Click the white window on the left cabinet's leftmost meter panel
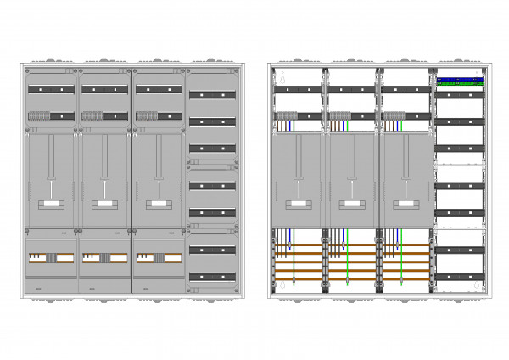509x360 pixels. pyautogui.click(x=50, y=205)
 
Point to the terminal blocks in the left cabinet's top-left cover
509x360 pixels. pyautogui.click(x=39, y=116)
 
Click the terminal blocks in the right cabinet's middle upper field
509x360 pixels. pyautogui.click(x=339, y=116)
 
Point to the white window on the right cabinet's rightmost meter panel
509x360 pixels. pyautogui.click(x=404, y=204)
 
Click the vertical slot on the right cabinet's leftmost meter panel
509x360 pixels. pyautogui.click(x=297, y=157)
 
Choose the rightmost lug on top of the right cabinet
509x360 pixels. pyautogui.click(x=459, y=61)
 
